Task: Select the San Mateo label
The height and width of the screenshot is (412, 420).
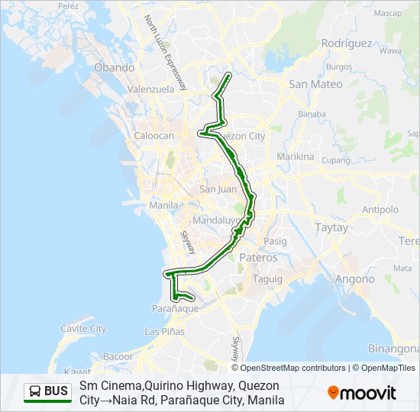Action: click(315, 85)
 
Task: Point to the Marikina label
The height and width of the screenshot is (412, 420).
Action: click(296, 156)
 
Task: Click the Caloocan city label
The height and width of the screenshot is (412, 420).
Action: click(154, 136)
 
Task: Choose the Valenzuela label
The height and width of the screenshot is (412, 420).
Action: click(151, 89)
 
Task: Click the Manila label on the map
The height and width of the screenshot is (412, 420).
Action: click(164, 205)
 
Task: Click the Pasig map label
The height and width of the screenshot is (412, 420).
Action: click(275, 241)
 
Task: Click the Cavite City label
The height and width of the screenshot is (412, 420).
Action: click(83, 329)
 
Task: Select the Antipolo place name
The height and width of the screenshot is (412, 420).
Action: click(380, 209)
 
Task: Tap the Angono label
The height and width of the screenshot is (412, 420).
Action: click(355, 279)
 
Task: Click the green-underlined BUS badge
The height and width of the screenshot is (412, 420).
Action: click(47, 392)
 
